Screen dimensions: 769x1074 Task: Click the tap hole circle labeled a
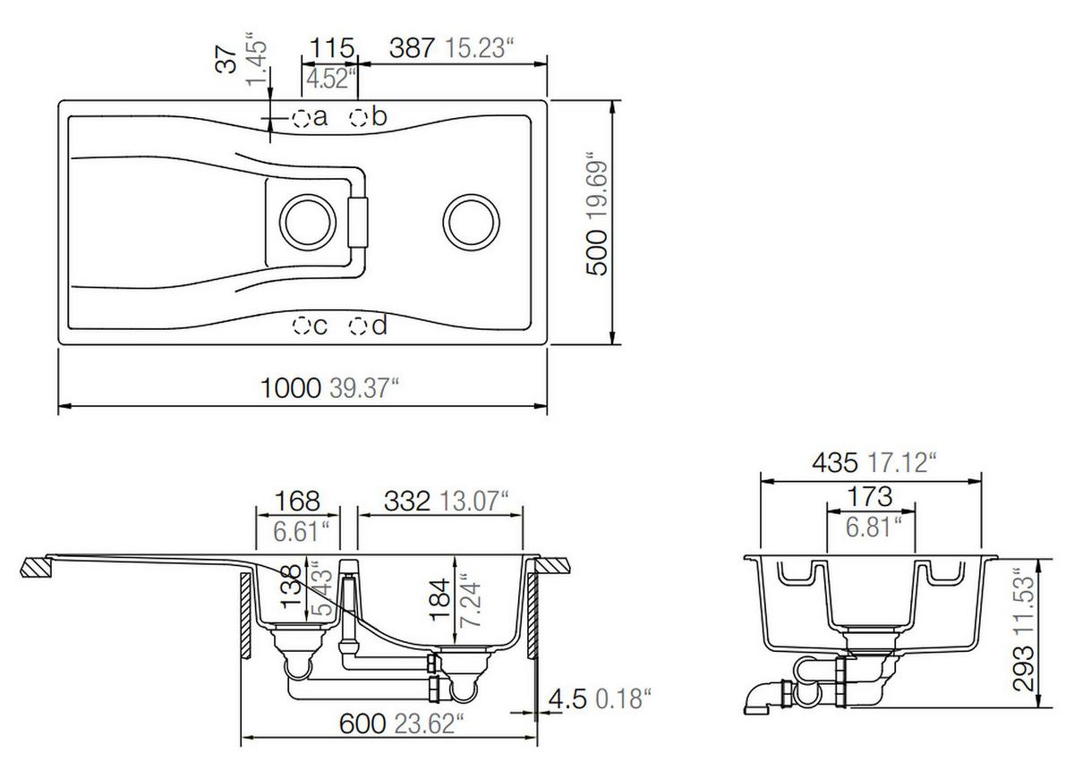(302, 117)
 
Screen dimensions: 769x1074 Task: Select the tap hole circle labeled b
(359, 117)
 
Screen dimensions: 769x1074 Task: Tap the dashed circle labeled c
(303, 326)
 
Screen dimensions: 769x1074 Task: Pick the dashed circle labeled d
(359, 326)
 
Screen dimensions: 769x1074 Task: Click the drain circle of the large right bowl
(470, 219)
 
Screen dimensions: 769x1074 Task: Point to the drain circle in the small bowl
(307, 219)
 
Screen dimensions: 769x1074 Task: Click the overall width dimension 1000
(290, 388)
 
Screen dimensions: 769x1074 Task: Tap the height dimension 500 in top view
(597, 249)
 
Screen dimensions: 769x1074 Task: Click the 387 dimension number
(412, 47)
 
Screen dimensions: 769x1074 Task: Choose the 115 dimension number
(333, 47)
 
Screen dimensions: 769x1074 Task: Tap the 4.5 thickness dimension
(569, 697)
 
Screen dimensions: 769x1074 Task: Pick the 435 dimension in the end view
(835, 462)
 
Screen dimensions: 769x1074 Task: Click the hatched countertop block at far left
(37, 567)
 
